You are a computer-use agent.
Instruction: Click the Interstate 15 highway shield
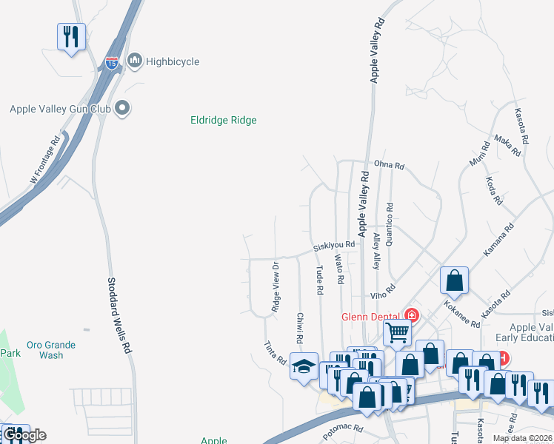pyautogui.click(x=111, y=62)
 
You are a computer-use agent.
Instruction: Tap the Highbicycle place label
pyautogui.click(x=172, y=61)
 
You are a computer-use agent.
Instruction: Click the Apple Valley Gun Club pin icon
pyautogui.click(x=123, y=109)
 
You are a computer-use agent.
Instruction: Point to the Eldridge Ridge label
pyautogui.click(x=223, y=121)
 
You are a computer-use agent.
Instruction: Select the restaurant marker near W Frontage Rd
pyautogui.click(x=71, y=38)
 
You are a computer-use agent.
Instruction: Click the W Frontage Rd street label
pyautogui.click(x=44, y=160)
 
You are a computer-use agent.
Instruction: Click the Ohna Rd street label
pyautogui.click(x=389, y=166)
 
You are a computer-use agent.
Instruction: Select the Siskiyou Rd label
pyautogui.click(x=334, y=245)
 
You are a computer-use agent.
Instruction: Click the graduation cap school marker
pyautogui.click(x=304, y=366)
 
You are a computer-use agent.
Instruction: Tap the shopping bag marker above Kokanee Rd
pyautogui.click(x=454, y=280)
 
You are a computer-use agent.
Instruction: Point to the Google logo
pyautogui.click(x=24, y=435)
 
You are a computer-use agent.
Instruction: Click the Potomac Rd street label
pyautogui.click(x=343, y=431)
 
